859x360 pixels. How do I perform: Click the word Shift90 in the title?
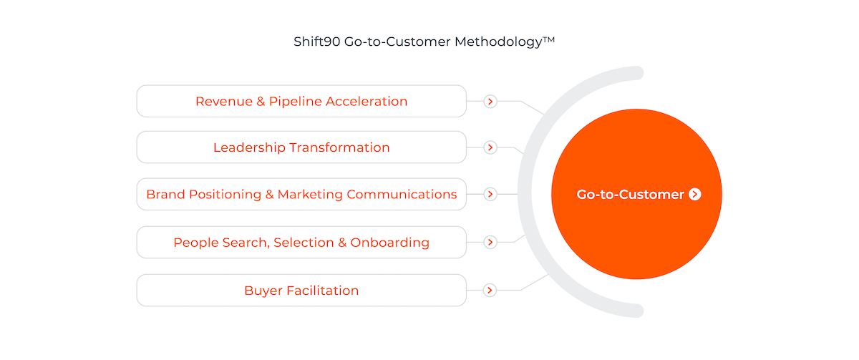pyautogui.click(x=316, y=42)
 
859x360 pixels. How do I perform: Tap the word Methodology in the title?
pyautogui.click(x=498, y=42)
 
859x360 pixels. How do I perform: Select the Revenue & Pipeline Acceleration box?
pyautogui.click(x=301, y=101)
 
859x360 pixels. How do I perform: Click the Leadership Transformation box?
pyautogui.click(x=301, y=147)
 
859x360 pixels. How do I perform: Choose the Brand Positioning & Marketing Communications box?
pyautogui.click(x=301, y=194)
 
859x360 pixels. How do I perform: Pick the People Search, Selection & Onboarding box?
pyautogui.click(x=301, y=243)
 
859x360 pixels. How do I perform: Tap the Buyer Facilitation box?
pyautogui.click(x=301, y=291)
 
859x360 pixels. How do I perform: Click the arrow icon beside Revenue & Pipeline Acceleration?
pyautogui.click(x=490, y=102)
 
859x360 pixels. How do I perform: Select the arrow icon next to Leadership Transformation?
pyautogui.click(x=490, y=147)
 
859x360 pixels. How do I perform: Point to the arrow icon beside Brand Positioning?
pyautogui.click(x=490, y=195)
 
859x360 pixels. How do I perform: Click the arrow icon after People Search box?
pyautogui.click(x=490, y=243)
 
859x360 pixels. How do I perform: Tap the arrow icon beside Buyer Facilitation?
pyautogui.click(x=490, y=291)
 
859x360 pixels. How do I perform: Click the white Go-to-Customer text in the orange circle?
pyautogui.click(x=631, y=195)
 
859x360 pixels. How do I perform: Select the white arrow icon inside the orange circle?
pyautogui.click(x=695, y=195)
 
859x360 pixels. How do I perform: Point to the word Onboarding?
pyautogui.click(x=389, y=243)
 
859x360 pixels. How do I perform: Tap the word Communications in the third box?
pyautogui.click(x=402, y=195)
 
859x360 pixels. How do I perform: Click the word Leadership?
pyautogui.click(x=249, y=148)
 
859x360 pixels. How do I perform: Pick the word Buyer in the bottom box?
pyautogui.click(x=263, y=291)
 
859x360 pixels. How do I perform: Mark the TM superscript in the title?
pyautogui.click(x=549, y=39)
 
